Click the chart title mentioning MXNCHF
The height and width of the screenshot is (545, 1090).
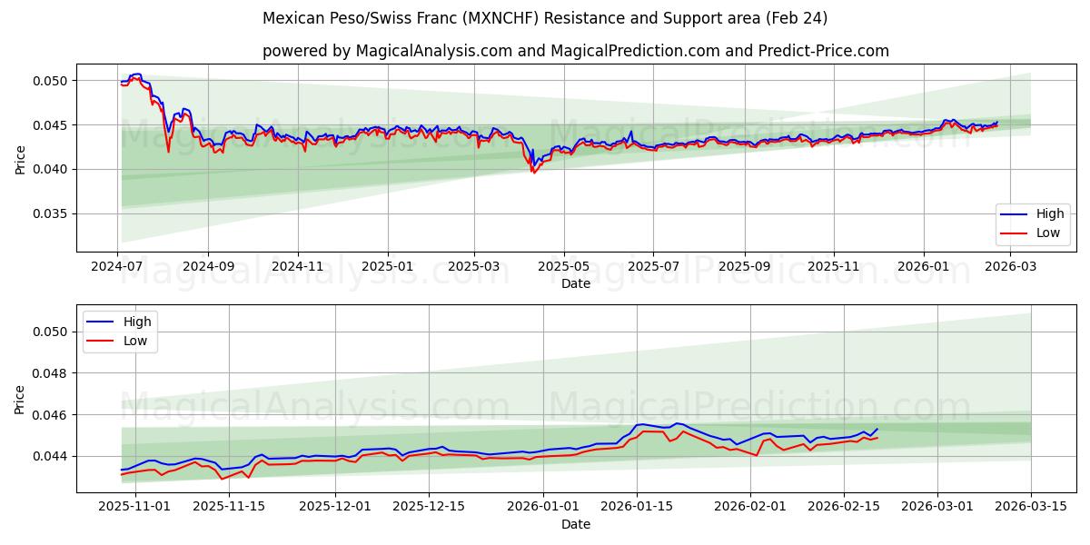click(545, 18)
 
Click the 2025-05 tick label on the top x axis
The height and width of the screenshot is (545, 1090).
click(564, 266)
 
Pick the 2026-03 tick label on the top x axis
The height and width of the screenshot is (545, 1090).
click(1011, 266)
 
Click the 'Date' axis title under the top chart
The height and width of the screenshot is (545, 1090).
click(575, 283)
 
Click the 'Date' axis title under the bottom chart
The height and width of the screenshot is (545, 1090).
click(575, 524)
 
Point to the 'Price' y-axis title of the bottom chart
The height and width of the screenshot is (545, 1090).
click(20, 399)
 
